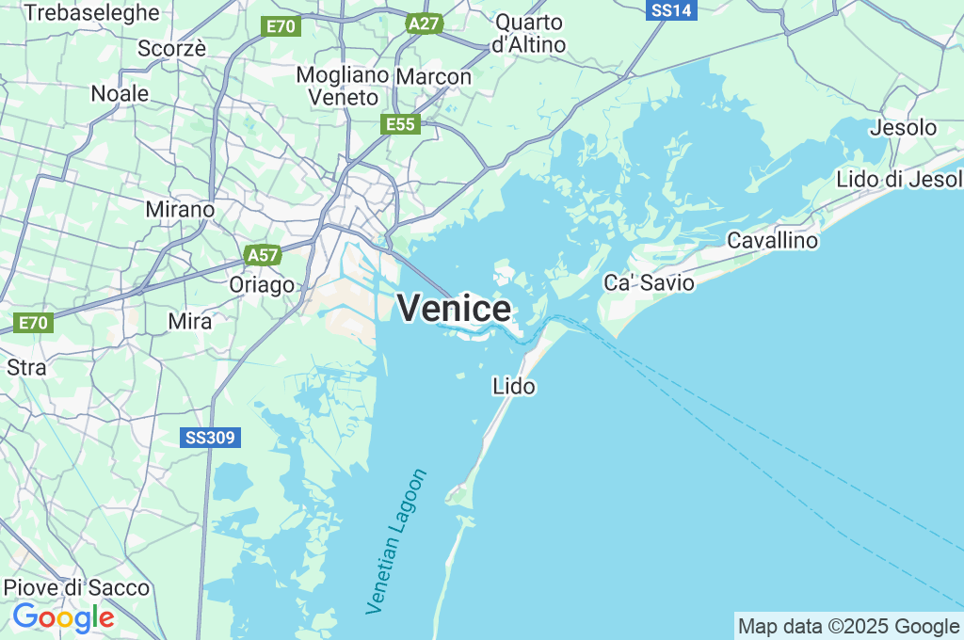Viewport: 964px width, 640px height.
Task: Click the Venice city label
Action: coord(455,309)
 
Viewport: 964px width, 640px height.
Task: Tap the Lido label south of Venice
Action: coord(514,386)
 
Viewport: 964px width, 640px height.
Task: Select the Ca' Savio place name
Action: coord(649,282)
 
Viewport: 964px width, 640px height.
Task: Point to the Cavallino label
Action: coord(773,241)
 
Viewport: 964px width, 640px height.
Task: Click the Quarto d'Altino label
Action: coord(529,33)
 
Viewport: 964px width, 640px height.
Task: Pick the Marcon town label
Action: coord(434,76)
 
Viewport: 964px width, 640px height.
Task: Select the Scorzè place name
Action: coord(171,49)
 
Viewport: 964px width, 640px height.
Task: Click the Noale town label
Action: coord(120,93)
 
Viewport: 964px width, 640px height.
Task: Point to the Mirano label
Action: coord(180,209)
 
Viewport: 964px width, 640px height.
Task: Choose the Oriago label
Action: coord(262,284)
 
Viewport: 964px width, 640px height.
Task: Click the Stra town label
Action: coord(26,367)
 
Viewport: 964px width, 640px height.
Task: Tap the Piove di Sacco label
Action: coord(76,587)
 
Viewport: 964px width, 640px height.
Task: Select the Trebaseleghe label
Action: coord(92,12)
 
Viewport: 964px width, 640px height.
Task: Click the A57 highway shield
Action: coord(263,255)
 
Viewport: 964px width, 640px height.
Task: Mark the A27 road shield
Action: coord(425,24)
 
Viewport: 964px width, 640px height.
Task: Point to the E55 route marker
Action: coord(400,124)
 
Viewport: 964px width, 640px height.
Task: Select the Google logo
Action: coord(63,617)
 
